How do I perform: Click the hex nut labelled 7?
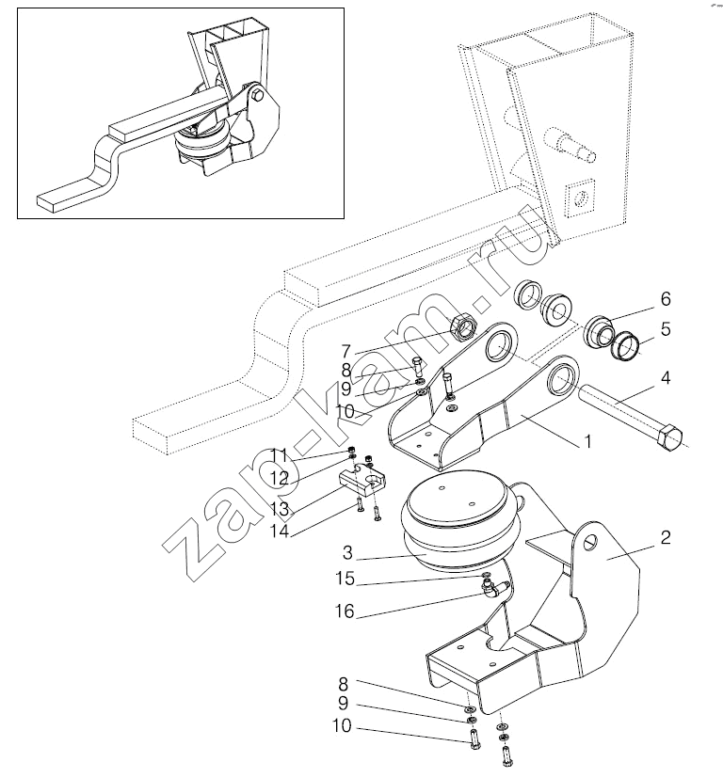tap(466, 326)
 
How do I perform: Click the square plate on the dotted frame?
tap(581, 198)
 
